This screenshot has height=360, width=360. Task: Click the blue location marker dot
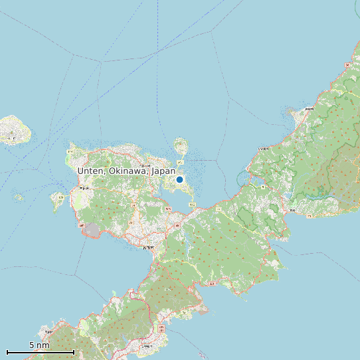pos(179,179)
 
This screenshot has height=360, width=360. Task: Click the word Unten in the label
pos(90,171)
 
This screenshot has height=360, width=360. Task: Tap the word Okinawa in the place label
pos(126,171)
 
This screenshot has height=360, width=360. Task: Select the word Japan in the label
pos(163,171)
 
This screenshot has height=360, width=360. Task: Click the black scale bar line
pos(40,351)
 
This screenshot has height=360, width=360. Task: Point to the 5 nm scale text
pos(39,345)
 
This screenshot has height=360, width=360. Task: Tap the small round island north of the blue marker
pos(180,145)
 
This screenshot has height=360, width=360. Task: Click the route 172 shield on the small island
pos(60,197)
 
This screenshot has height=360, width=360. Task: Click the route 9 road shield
pos(263,187)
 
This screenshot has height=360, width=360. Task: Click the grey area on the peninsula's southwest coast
pos(92,230)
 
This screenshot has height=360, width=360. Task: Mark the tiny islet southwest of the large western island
pos(19,197)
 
